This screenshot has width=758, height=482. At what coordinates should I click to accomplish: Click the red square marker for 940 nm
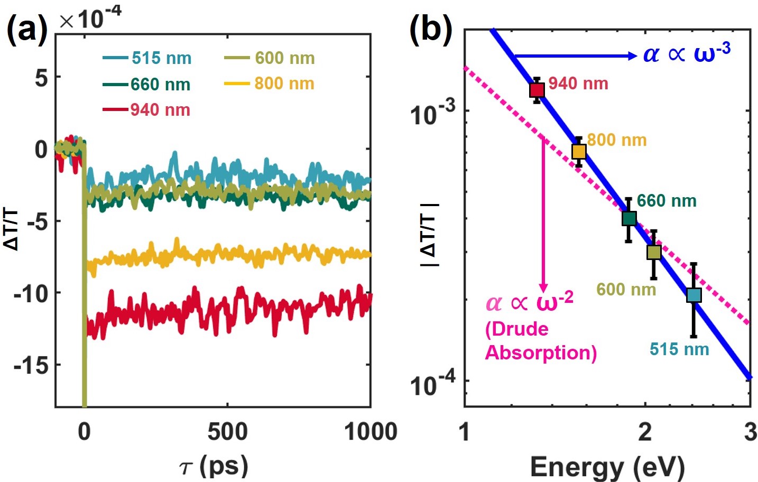[537, 90]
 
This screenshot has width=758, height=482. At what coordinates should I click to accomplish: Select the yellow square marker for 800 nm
[579, 152]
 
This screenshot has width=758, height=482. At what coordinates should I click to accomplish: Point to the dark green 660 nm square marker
[628, 218]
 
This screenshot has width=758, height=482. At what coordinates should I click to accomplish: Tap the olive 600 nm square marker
[654, 252]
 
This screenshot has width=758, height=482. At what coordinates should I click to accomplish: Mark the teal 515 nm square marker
[694, 295]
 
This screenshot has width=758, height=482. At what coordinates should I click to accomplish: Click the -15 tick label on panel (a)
[30, 365]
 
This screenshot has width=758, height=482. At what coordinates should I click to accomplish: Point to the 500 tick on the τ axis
[227, 432]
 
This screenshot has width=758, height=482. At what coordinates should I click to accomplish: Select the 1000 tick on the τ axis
[370, 432]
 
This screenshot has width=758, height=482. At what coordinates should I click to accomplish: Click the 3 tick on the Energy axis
[750, 432]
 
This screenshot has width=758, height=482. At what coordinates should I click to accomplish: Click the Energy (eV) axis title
[607, 467]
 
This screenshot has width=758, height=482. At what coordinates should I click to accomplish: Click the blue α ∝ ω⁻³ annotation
[687, 53]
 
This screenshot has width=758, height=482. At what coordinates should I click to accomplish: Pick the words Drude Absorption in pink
[540, 341]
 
